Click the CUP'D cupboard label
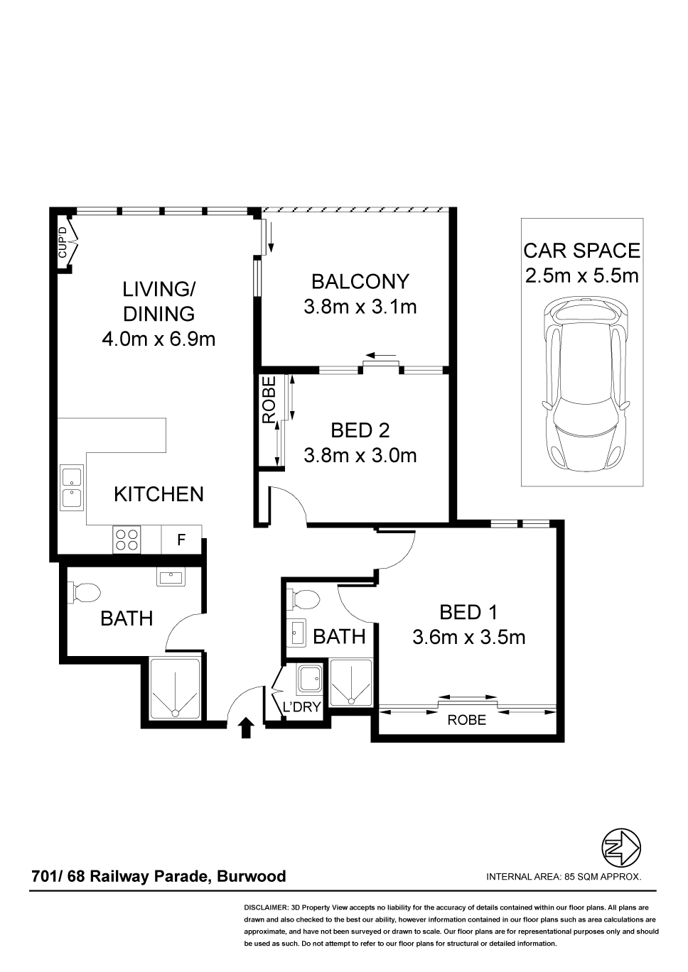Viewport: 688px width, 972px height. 63,243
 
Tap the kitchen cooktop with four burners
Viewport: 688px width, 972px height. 127,539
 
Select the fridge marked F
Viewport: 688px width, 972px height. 181,540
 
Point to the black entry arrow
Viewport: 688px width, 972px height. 246,727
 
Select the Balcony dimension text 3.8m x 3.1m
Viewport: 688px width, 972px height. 360,307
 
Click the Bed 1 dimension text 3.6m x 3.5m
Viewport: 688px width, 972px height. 468,638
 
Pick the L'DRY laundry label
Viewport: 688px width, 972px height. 301,707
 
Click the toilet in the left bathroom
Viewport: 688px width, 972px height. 85,592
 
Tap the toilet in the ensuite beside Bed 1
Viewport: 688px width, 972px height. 303,599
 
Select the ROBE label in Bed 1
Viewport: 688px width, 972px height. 467,721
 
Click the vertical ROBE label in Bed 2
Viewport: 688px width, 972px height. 269,400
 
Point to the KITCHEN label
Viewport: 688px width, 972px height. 158,494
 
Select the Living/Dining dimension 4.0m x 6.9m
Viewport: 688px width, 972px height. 158,339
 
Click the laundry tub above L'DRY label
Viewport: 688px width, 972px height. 308,679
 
